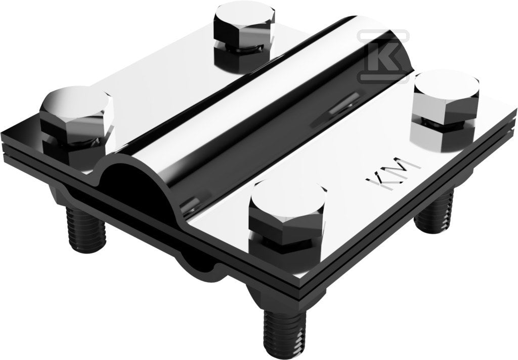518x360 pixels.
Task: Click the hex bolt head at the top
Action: tap(244, 23)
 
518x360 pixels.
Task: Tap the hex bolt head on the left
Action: tap(77, 112)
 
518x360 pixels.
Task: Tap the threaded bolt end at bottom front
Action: tap(285, 334)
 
